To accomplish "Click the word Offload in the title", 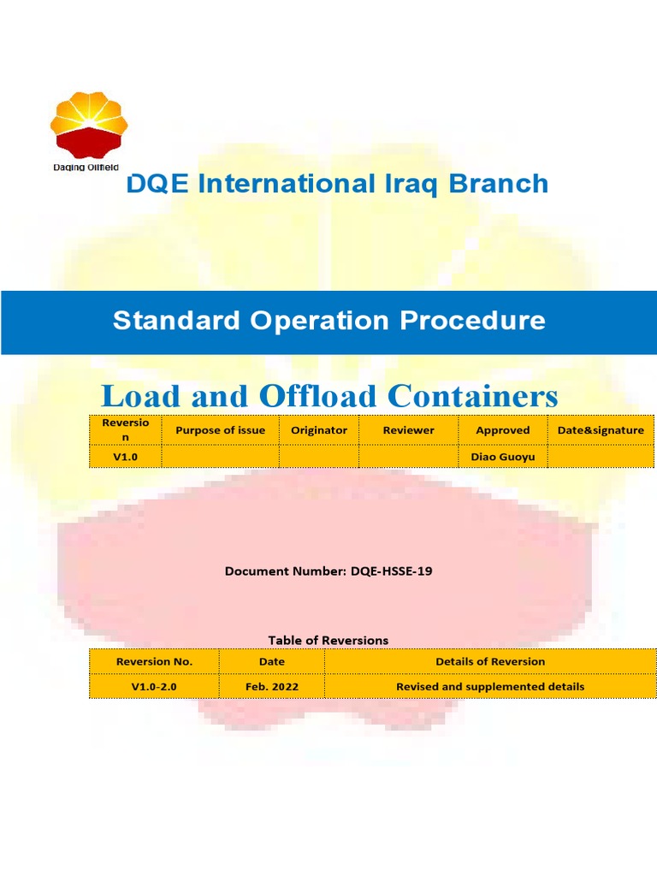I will [x=317, y=396].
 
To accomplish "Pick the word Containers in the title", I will [x=472, y=396].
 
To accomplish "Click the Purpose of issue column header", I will [x=220, y=430].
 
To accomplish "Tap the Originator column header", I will [x=318, y=430].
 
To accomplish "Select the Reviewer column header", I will [x=408, y=430].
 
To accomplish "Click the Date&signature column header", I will [x=601, y=430].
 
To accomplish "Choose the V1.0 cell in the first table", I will [x=125, y=457].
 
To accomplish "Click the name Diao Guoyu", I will [x=502, y=457].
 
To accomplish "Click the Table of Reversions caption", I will [x=328, y=640].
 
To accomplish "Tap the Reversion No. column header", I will [x=154, y=661].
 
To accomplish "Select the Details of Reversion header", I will [x=490, y=661].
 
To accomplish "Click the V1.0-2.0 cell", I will [x=154, y=686].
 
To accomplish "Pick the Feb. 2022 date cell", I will [x=272, y=686].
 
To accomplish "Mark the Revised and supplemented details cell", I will [x=490, y=686].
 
